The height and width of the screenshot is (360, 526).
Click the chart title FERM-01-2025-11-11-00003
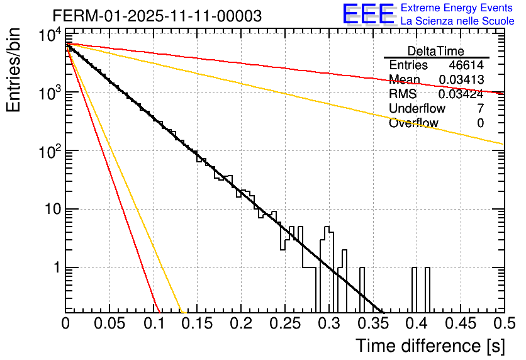(x=157, y=16)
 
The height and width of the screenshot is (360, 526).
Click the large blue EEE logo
(x=368, y=14)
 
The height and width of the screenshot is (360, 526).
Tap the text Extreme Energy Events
(x=457, y=8)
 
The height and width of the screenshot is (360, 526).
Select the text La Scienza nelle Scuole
(x=457, y=21)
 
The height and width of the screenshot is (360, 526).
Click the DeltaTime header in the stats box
(x=436, y=51)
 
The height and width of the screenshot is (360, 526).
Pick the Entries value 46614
(x=466, y=65)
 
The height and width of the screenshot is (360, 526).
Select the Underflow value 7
(x=480, y=109)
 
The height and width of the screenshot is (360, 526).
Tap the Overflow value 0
(x=480, y=123)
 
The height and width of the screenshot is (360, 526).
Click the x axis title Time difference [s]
(x=430, y=346)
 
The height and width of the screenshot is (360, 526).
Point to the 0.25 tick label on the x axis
(x=284, y=324)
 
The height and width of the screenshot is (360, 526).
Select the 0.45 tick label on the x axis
(x=459, y=324)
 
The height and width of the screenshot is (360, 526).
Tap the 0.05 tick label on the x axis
(x=109, y=324)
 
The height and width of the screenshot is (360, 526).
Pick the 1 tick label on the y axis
(x=55, y=267)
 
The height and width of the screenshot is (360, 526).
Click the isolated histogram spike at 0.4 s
(x=415, y=290)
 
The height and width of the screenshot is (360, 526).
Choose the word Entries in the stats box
(x=408, y=65)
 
